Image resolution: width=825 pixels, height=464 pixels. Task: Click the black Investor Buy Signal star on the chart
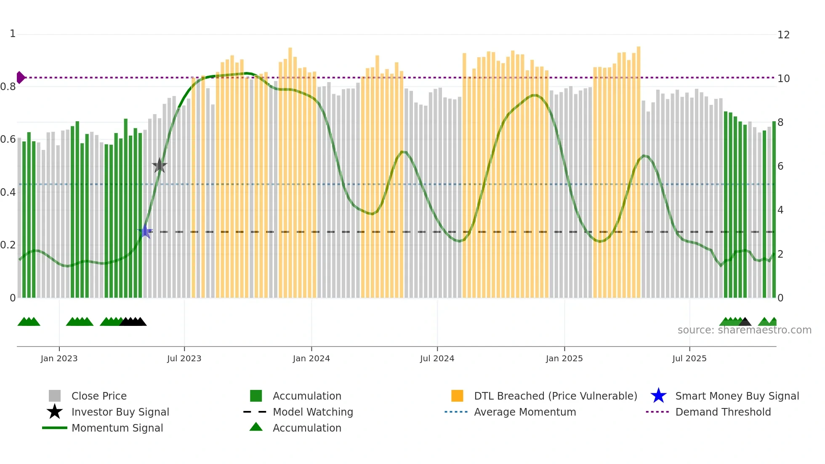pyautogui.click(x=160, y=165)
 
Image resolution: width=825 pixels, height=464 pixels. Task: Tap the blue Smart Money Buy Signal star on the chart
pyautogui.click(x=145, y=231)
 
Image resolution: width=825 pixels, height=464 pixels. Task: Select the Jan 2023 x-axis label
pyautogui.click(x=59, y=358)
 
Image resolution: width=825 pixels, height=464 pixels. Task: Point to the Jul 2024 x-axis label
pyautogui.click(x=437, y=358)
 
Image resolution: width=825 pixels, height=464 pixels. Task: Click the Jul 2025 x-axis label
pyautogui.click(x=689, y=358)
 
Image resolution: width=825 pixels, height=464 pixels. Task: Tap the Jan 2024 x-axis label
pyautogui.click(x=311, y=358)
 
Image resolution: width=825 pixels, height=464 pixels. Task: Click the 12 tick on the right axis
pyautogui.click(x=783, y=35)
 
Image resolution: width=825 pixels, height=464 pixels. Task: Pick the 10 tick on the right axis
pyautogui.click(x=783, y=79)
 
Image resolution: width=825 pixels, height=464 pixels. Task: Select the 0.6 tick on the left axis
pyautogui.click(x=8, y=139)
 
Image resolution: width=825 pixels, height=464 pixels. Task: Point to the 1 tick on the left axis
pyautogui.click(x=13, y=34)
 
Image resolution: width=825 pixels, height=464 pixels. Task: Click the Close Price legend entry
pyautogui.click(x=99, y=396)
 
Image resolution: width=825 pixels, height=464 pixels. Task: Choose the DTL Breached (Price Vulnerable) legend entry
pyautogui.click(x=555, y=396)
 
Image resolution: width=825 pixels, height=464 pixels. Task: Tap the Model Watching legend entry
pyautogui.click(x=313, y=412)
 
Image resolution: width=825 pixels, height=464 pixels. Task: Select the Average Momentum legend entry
pyautogui.click(x=525, y=412)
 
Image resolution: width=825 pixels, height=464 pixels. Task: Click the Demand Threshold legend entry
pyautogui.click(x=723, y=412)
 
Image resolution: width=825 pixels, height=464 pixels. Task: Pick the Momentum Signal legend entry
pyautogui.click(x=117, y=428)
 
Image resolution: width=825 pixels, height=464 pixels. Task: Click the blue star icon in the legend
pyautogui.click(x=658, y=396)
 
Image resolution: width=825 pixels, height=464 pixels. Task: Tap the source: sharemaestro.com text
pyautogui.click(x=744, y=330)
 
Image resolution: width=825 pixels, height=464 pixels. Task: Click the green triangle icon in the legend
pyautogui.click(x=256, y=427)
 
